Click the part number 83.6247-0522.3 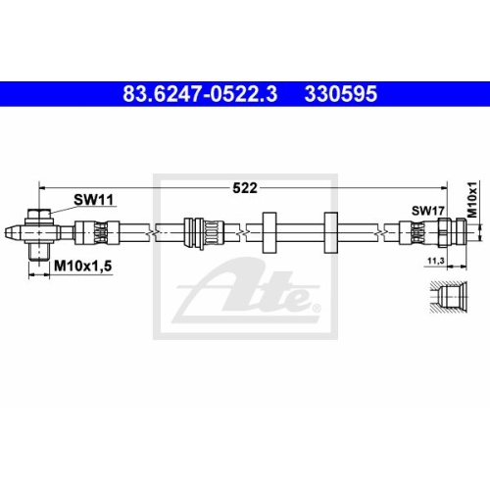click(x=200, y=94)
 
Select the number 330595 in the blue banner click(x=341, y=94)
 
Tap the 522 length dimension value click(x=245, y=188)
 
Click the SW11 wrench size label click(x=93, y=200)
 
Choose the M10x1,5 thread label click(x=83, y=267)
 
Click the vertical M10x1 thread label click(x=472, y=199)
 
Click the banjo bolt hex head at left click(x=39, y=215)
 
